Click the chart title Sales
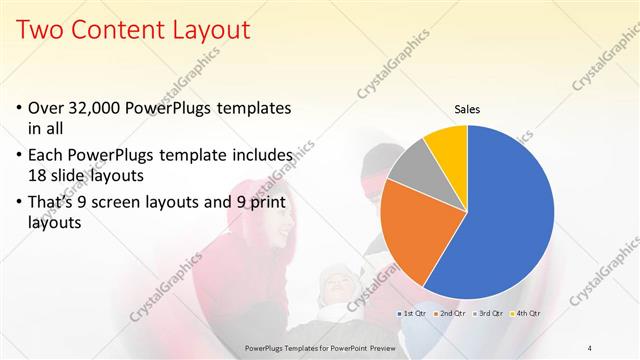point(467,109)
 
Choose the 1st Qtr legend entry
point(414,313)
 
